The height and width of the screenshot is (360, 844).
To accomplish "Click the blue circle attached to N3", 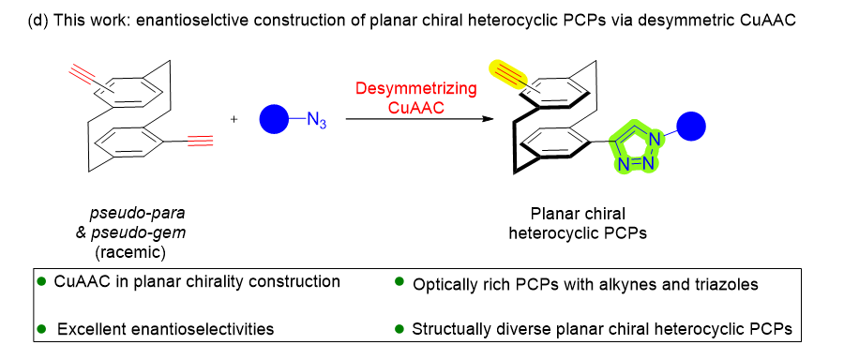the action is click(x=274, y=119).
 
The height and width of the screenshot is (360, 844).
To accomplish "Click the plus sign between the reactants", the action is click(x=234, y=119).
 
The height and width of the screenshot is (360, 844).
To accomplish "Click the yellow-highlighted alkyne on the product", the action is click(x=507, y=75).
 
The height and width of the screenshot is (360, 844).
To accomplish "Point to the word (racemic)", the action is click(x=129, y=252).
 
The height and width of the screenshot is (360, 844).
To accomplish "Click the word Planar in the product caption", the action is click(x=552, y=214).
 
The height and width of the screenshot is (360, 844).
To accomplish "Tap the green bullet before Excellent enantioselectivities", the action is click(x=41, y=328).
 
